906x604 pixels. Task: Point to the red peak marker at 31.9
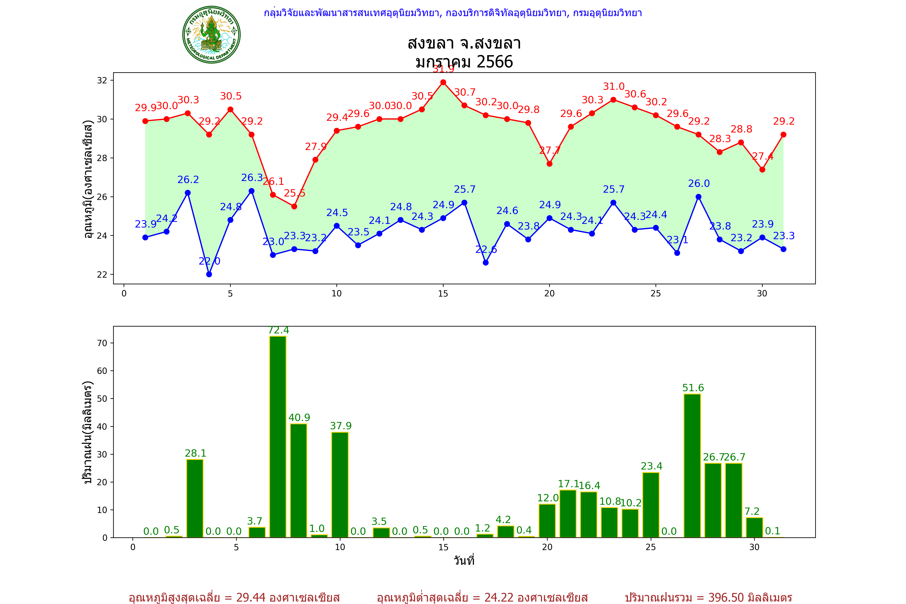tap(443, 82)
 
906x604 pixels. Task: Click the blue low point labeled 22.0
tap(209, 274)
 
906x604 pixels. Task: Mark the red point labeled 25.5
tap(294, 207)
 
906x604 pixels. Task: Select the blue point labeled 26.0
tap(698, 197)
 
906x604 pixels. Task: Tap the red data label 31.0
tap(613, 87)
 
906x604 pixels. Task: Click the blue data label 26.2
tap(188, 180)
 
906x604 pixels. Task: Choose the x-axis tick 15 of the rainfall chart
tap(443, 547)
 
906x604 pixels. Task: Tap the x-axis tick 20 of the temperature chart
tap(549, 294)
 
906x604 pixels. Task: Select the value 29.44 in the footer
tap(251, 597)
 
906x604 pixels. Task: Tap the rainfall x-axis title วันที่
tap(464, 561)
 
